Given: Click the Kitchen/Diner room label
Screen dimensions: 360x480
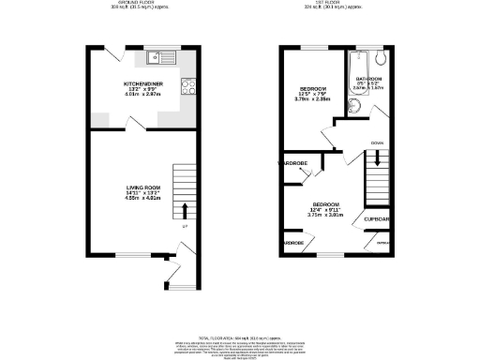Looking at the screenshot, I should (x=144, y=83).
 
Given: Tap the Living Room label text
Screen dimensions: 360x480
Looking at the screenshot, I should (x=144, y=187).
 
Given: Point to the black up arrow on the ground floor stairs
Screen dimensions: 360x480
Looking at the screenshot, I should (x=185, y=209).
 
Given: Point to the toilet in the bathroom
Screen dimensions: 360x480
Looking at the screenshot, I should (x=380, y=63).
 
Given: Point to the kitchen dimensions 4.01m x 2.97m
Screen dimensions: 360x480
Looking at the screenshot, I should (x=144, y=95).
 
